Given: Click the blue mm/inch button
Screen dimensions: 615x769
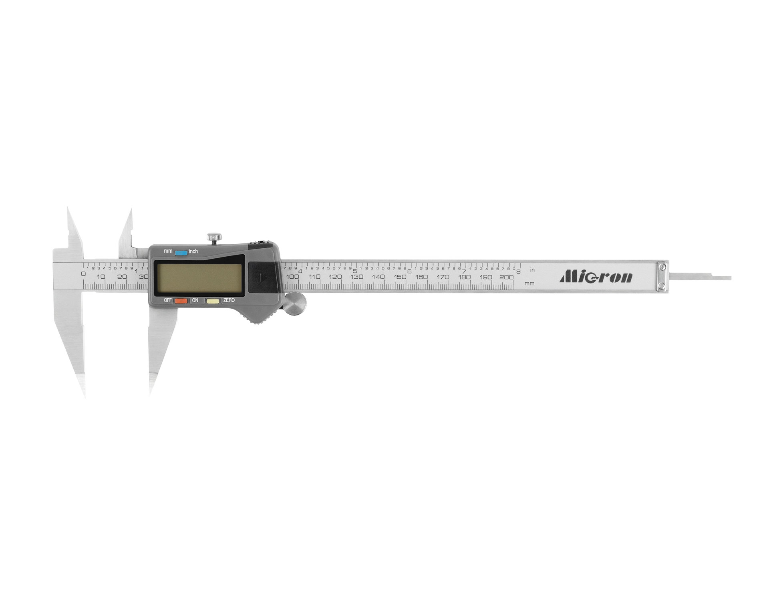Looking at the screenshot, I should [181, 253].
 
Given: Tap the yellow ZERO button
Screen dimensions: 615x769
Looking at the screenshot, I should [213, 301].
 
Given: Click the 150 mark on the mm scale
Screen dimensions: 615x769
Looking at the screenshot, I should [400, 277].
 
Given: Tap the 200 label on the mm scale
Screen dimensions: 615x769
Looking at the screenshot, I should [507, 277].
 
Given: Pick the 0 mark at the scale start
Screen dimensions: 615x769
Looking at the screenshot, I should [83, 274].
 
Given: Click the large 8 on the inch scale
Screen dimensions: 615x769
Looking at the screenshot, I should [518, 271].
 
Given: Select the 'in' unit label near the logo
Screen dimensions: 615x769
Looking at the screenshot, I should [532, 270].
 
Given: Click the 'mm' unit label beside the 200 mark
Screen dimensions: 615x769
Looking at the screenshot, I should [529, 283].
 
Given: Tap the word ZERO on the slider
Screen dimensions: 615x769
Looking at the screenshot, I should [229, 300].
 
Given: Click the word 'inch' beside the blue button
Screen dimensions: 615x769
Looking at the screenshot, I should [193, 251].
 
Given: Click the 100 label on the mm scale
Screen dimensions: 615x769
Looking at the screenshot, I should [292, 277].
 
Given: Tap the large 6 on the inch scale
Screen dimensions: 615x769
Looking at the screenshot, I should [409, 271].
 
